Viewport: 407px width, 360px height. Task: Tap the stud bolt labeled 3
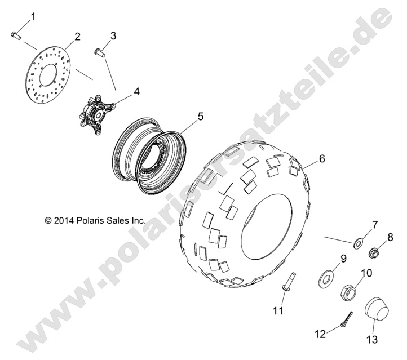pos(99,52)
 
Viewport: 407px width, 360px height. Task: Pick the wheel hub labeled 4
pos(96,114)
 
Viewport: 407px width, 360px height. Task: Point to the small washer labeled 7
pos(359,243)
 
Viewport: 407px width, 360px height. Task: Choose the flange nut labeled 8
pos(374,252)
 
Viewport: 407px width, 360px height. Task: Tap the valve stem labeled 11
pos(288,281)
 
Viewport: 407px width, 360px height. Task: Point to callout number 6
pos(322,158)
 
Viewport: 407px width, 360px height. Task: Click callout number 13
pos(372,339)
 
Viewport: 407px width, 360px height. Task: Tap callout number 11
pos(278,310)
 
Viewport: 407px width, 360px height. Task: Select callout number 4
pos(136,91)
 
